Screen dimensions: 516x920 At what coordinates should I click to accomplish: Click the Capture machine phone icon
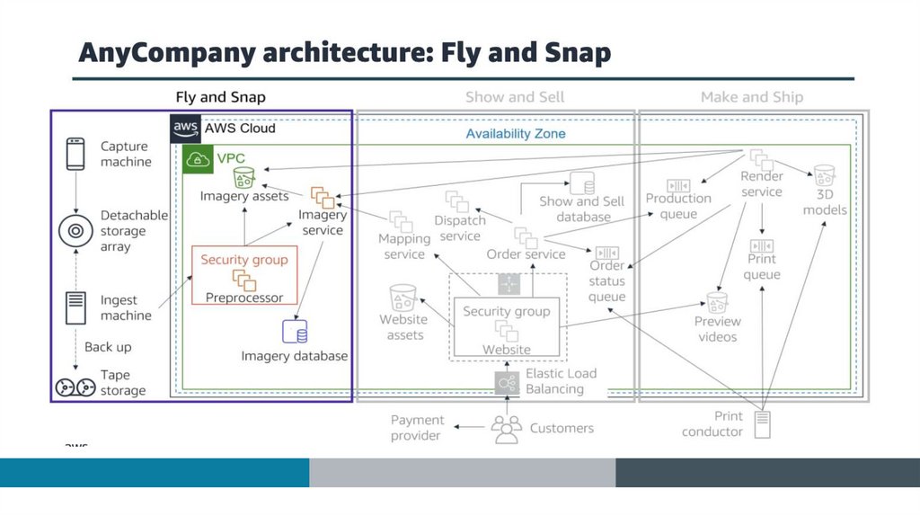click(75, 153)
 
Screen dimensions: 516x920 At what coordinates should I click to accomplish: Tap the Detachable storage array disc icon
click(76, 231)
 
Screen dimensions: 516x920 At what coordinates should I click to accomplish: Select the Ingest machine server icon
click(75, 307)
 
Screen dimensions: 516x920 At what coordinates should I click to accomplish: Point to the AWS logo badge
click(186, 129)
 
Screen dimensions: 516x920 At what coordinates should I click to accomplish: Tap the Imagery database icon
click(294, 333)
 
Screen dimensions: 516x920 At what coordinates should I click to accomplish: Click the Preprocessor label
click(244, 298)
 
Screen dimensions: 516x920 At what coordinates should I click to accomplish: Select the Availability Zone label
click(515, 134)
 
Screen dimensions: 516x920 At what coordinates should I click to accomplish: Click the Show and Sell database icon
click(581, 183)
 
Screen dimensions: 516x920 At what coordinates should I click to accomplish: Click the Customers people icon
click(507, 429)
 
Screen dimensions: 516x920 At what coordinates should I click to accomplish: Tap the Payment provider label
click(417, 428)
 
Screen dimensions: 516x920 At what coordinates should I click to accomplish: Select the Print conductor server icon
click(762, 423)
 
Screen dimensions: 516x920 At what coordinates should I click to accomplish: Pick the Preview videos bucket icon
click(716, 301)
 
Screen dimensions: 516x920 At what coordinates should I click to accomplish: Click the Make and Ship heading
click(752, 97)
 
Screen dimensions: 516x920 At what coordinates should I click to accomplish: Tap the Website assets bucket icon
click(403, 298)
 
